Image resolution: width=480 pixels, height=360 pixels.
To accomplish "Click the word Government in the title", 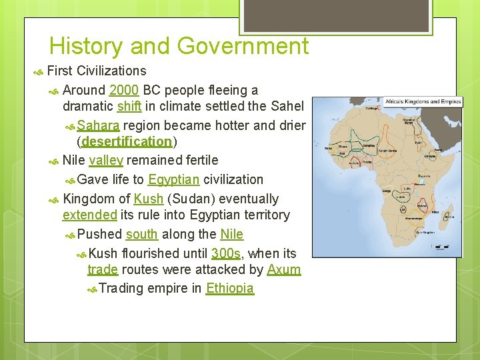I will coord(245,46).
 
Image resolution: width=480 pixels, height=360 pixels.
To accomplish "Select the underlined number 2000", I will coord(124,90).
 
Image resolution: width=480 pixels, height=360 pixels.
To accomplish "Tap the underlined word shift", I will coord(129,107).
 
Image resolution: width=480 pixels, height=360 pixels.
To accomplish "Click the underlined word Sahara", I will coord(98,125).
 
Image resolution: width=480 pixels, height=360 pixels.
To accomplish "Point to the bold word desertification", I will coord(127,142).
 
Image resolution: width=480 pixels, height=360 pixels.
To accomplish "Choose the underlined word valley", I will coord(105,160).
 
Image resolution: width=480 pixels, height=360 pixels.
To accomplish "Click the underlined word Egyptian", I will coord(173,179).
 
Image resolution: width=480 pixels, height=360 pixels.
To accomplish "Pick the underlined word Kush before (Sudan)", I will coord(148,199).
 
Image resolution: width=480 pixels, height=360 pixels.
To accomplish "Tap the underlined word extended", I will coord(89,215).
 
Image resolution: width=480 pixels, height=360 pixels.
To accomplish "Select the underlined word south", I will coord(141,235).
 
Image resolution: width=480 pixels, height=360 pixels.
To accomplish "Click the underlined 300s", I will coord(225,253).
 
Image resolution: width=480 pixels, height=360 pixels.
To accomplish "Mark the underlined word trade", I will coord(102,270).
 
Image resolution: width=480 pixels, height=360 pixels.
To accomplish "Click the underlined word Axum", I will coord(283,270).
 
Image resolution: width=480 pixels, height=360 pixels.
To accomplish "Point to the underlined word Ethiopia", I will coord(230,289).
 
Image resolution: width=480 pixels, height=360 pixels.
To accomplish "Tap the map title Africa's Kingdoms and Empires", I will coord(422,102).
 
